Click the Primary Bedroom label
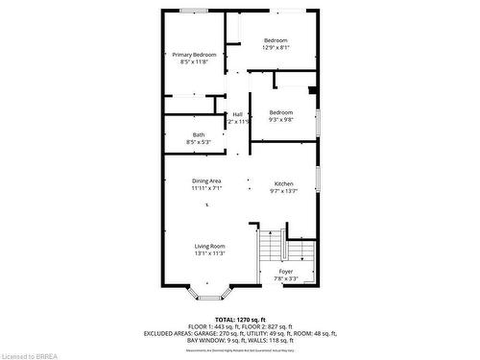[x=194, y=55]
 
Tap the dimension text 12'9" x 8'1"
[x=276, y=47]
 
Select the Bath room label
[x=198, y=134]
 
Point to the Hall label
[x=237, y=114]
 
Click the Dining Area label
[x=206, y=180]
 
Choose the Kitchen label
[x=284, y=183]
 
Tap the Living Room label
[x=209, y=246]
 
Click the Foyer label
[x=286, y=272]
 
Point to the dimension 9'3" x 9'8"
[x=281, y=120]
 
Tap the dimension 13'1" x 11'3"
[x=209, y=253]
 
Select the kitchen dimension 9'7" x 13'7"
[x=284, y=191]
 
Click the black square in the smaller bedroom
[x=311, y=92]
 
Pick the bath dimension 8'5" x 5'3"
[x=198, y=142]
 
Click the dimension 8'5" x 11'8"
[x=194, y=62]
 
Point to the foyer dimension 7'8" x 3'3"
[x=286, y=279]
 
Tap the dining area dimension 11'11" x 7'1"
[x=206, y=188]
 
